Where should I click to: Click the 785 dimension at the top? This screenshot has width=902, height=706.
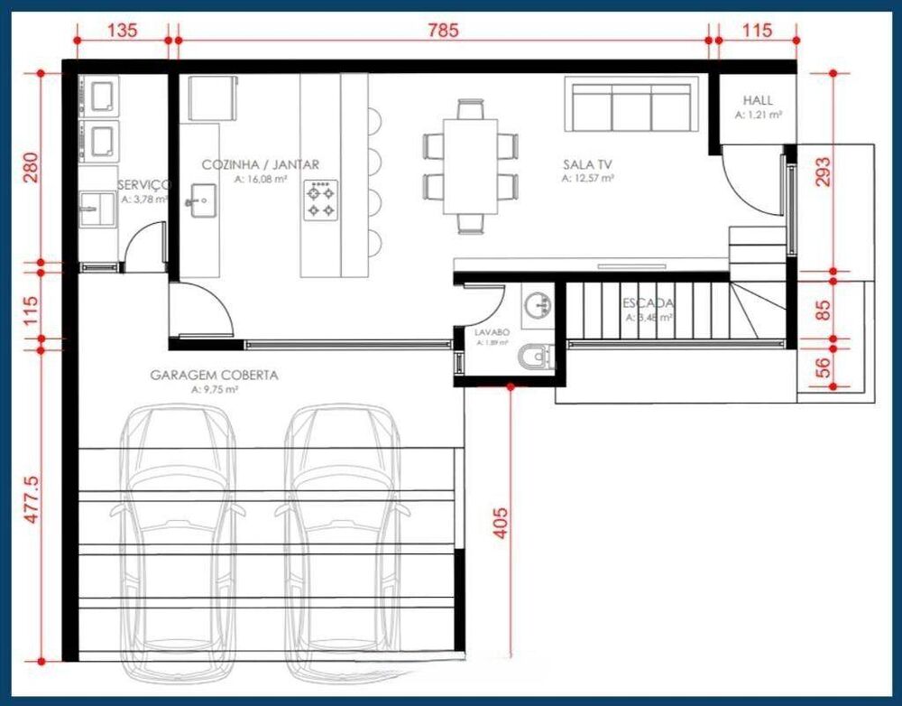(443, 30)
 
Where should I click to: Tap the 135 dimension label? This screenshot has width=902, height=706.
(122, 30)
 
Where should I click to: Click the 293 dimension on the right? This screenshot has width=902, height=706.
(821, 172)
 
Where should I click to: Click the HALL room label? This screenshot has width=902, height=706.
(758, 100)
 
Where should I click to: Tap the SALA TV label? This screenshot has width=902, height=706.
(587, 164)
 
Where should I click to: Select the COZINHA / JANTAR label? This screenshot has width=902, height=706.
(260, 164)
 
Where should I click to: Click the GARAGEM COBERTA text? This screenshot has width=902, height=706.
(214, 375)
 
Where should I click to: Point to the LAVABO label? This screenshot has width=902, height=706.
(492, 332)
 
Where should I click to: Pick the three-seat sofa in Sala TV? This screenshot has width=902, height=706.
(631, 106)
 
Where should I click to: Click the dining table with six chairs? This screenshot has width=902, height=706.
(472, 166)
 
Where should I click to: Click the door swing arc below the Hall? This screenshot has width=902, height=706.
(753, 185)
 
